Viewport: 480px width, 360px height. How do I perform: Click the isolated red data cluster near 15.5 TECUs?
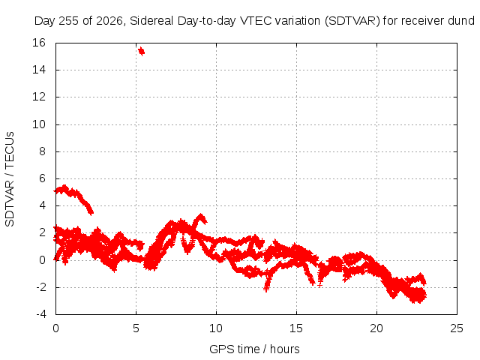pyautogui.click(x=141, y=51)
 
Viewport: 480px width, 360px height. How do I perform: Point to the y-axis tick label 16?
pyautogui.click(x=39, y=43)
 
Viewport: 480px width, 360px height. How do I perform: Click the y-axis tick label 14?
pyautogui.click(x=39, y=70)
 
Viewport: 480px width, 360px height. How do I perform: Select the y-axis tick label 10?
pyautogui.click(x=39, y=124)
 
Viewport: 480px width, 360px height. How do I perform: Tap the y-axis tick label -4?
pyautogui.click(x=41, y=314)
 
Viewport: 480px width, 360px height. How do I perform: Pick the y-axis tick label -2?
pyautogui.click(x=41, y=287)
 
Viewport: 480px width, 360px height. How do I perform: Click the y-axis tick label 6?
pyautogui.click(x=42, y=178)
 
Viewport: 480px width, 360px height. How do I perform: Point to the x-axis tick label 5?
pyautogui.click(x=136, y=328)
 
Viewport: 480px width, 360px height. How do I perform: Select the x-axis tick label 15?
pyautogui.click(x=296, y=328)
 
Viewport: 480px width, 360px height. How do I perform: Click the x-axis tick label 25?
pyautogui.click(x=457, y=328)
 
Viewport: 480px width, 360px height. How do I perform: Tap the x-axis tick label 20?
pyautogui.click(x=376, y=328)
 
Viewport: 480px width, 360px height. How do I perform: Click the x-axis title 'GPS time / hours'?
pyautogui.click(x=254, y=349)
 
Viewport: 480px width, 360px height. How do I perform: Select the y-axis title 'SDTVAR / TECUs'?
pyautogui.click(x=10, y=179)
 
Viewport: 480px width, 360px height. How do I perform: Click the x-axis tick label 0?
pyautogui.click(x=55, y=328)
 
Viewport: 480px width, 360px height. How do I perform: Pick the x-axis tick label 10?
pyautogui.click(x=216, y=328)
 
